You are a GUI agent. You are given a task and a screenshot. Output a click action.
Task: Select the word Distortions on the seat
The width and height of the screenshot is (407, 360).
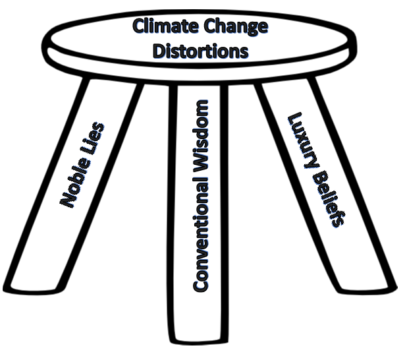pyautogui.click(x=200, y=51)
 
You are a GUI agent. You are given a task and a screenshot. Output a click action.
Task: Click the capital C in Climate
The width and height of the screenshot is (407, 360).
pyautogui.click(x=139, y=27)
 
